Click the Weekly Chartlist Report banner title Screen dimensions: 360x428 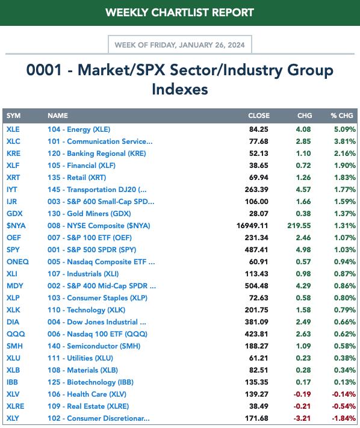(179, 13)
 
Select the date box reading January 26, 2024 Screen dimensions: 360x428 (179, 45)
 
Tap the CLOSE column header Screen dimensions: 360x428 (259, 116)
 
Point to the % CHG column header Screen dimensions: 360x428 (342, 116)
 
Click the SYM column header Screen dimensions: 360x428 (13, 116)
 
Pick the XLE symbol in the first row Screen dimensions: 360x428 (13, 129)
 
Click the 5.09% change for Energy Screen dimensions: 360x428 (345, 129)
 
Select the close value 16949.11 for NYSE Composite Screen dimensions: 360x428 (252, 226)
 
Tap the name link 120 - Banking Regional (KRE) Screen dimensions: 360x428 (96, 154)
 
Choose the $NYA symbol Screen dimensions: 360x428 (16, 226)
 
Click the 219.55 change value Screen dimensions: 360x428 (299, 226)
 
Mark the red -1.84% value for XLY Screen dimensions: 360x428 (344, 418)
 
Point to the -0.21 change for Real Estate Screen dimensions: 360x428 (302, 406)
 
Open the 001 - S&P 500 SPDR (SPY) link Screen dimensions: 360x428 (92, 250)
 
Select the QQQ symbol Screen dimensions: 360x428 (16, 334)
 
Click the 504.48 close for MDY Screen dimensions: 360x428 (256, 286)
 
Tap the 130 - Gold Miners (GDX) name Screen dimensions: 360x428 (89, 214)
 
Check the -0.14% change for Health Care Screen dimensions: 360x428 (344, 394)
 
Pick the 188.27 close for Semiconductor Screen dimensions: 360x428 (256, 346)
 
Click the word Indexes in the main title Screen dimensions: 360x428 (180, 89)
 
